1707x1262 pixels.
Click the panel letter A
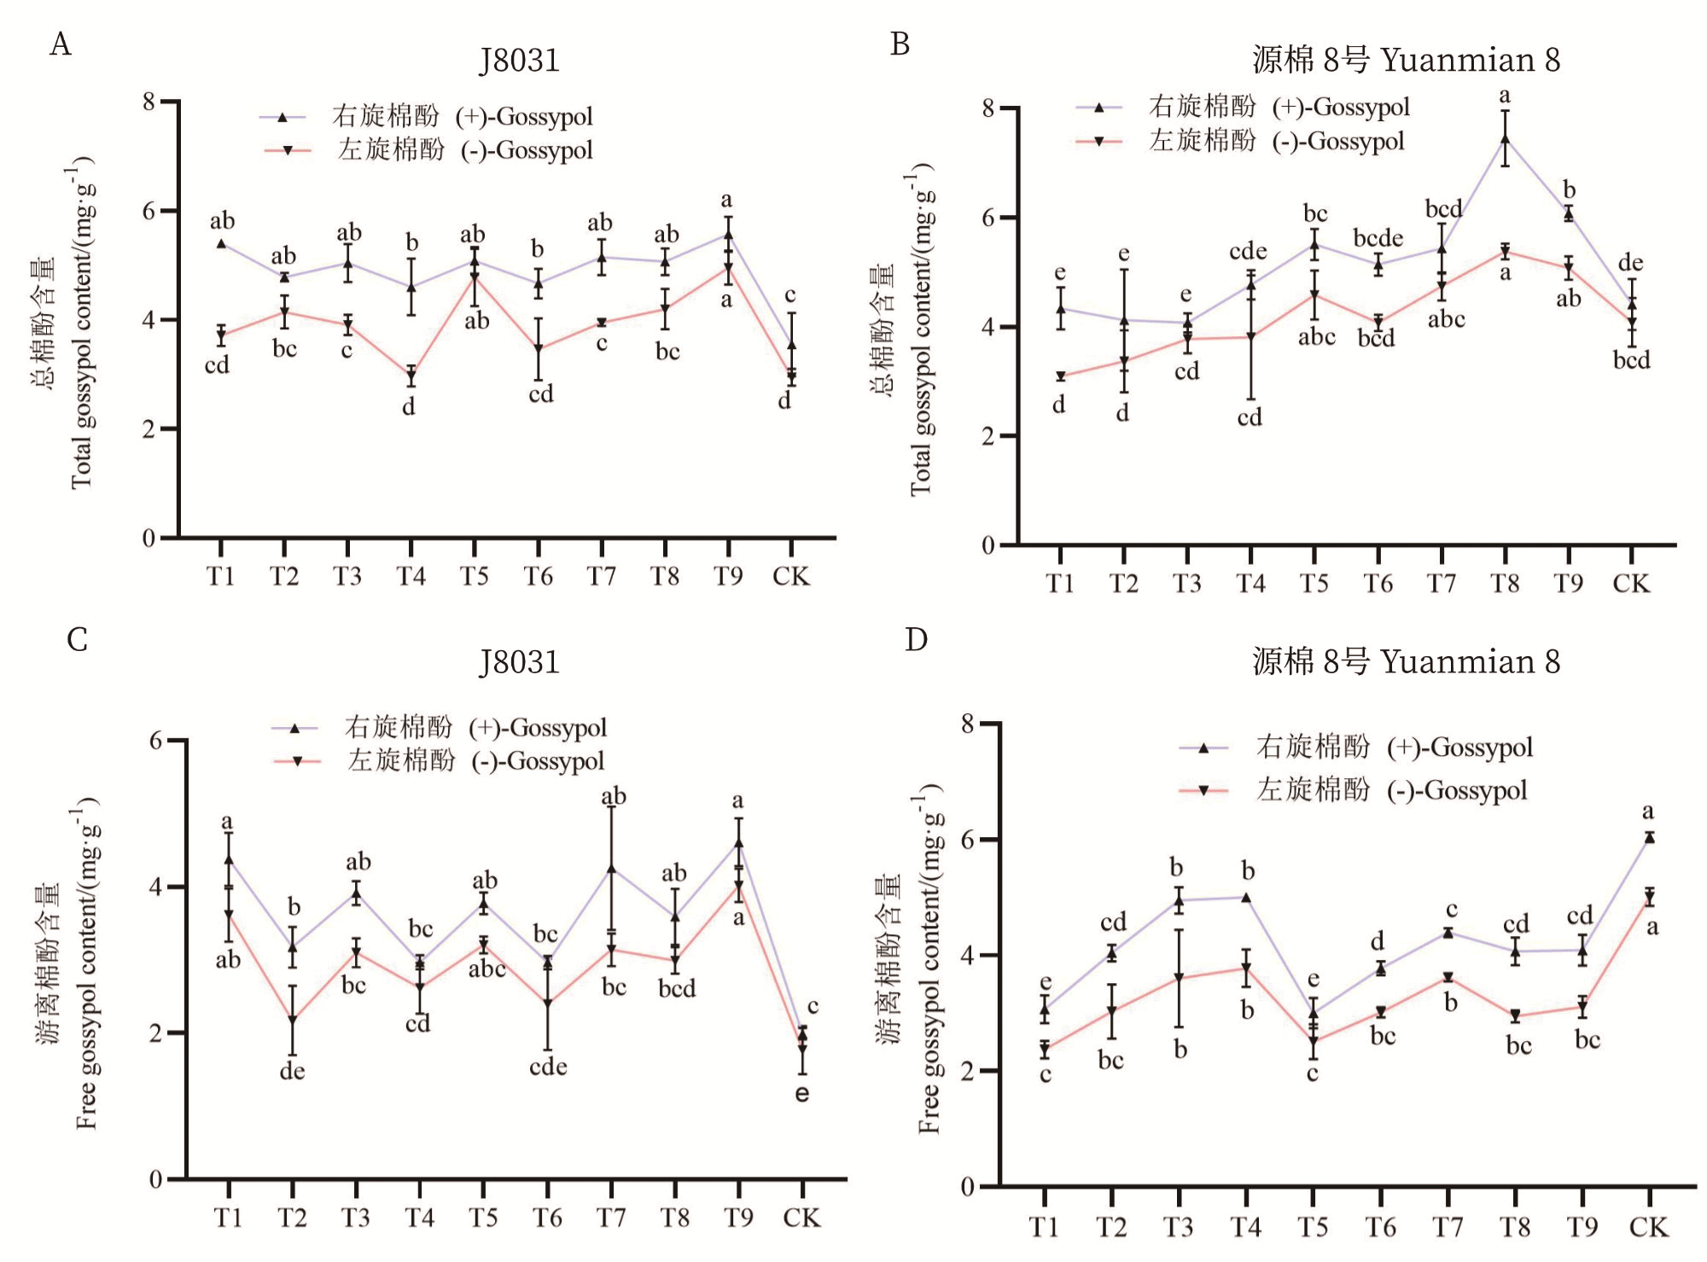(60, 44)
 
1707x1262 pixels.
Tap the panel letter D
(916, 639)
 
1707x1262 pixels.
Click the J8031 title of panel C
(519, 662)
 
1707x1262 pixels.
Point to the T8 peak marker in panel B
(1506, 139)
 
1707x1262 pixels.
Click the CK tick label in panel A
(790, 577)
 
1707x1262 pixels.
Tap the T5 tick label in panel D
(1313, 1227)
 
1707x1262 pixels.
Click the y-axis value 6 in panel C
(155, 741)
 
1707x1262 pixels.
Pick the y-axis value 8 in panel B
(988, 108)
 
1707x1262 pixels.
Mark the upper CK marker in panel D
(1650, 838)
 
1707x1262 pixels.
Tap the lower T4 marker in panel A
(411, 375)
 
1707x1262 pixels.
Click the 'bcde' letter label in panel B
(1378, 238)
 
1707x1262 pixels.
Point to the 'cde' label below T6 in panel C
(548, 1067)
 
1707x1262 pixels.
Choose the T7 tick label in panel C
(611, 1218)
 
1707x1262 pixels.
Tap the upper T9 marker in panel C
(738, 843)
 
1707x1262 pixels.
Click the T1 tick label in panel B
(1059, 584)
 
